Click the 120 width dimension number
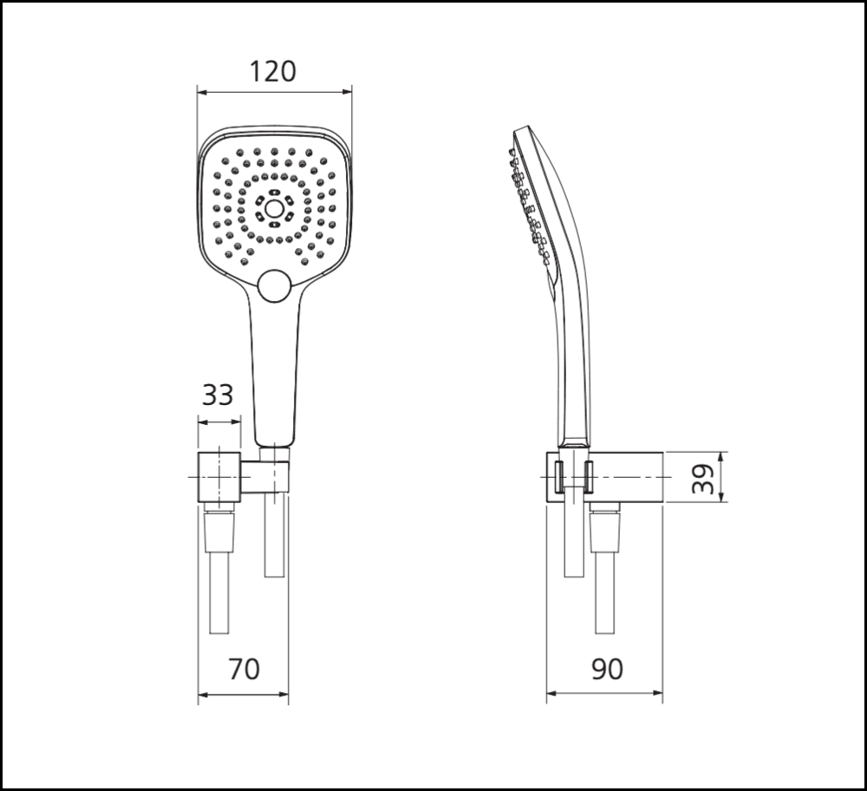click(x=273, y=71)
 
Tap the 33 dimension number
click(x=218, y=395)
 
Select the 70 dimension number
click(x=244, y=669)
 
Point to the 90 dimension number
click(x=607, y=669)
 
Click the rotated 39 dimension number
click(x=707, y=478)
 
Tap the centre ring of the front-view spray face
click(x=274, y=208)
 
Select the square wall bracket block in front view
click(x=218, y=477)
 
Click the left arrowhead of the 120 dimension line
click(x=201, y=90)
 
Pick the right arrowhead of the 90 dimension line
click(x=661, y=694)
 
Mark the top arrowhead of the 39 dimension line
click(x=722, y=456)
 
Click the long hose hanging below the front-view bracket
click(x=218, y=598)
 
